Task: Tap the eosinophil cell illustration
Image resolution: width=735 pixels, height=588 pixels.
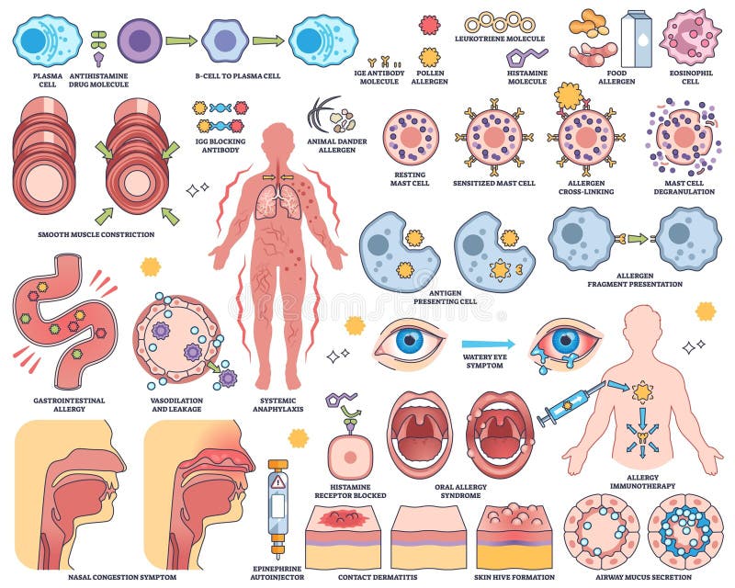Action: [x=690, y=36]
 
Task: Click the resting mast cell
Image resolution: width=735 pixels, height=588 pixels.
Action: [x=410, y=137]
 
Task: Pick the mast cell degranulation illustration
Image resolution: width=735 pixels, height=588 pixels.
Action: [x=683, y=137]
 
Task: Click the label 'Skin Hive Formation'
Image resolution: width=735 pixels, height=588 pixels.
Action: [x=514, y=576]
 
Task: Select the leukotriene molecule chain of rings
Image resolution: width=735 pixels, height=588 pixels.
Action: [x=499, y=22]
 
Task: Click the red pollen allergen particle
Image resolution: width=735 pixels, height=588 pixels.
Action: [x=429, y=25]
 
